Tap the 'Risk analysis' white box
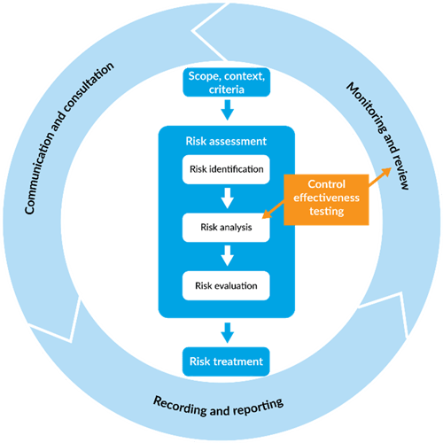[x=225, y=228]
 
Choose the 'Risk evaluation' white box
[x=225, y=286]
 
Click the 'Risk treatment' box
[x=225, y=361]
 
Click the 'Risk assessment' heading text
[x=225, y=141]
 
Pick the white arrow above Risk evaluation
[x=226, y=256]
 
